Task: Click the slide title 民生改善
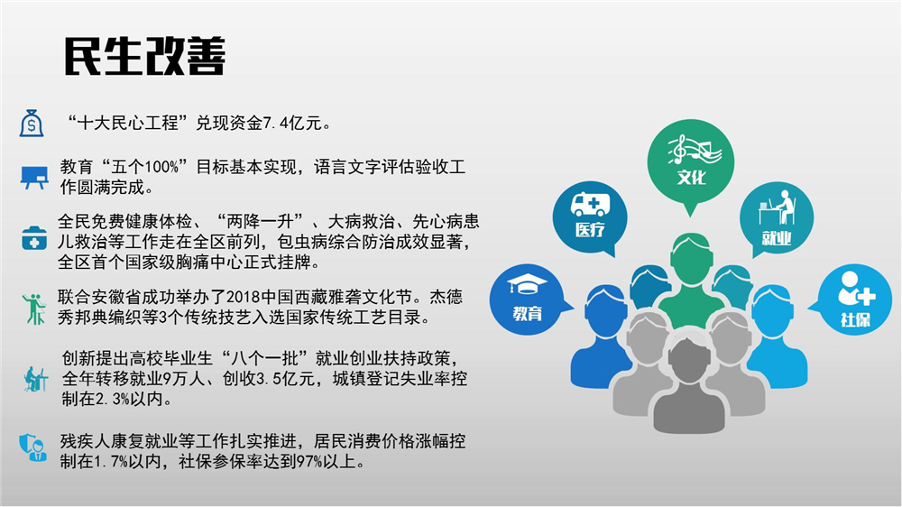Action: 144,57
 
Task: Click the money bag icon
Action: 32,123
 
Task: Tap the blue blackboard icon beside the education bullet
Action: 34,177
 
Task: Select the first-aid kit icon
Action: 34,238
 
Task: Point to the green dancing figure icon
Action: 34,309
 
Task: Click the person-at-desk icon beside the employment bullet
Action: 35,379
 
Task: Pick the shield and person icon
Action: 32,447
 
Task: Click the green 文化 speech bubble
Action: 690,163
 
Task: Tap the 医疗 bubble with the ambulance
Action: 590,218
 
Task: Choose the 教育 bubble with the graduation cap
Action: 527,300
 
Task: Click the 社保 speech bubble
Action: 855,300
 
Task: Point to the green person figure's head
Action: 691,258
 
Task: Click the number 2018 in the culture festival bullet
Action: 244,297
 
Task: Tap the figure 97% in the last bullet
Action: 308,462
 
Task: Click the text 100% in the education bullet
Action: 161,168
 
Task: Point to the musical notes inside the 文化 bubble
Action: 695,149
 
